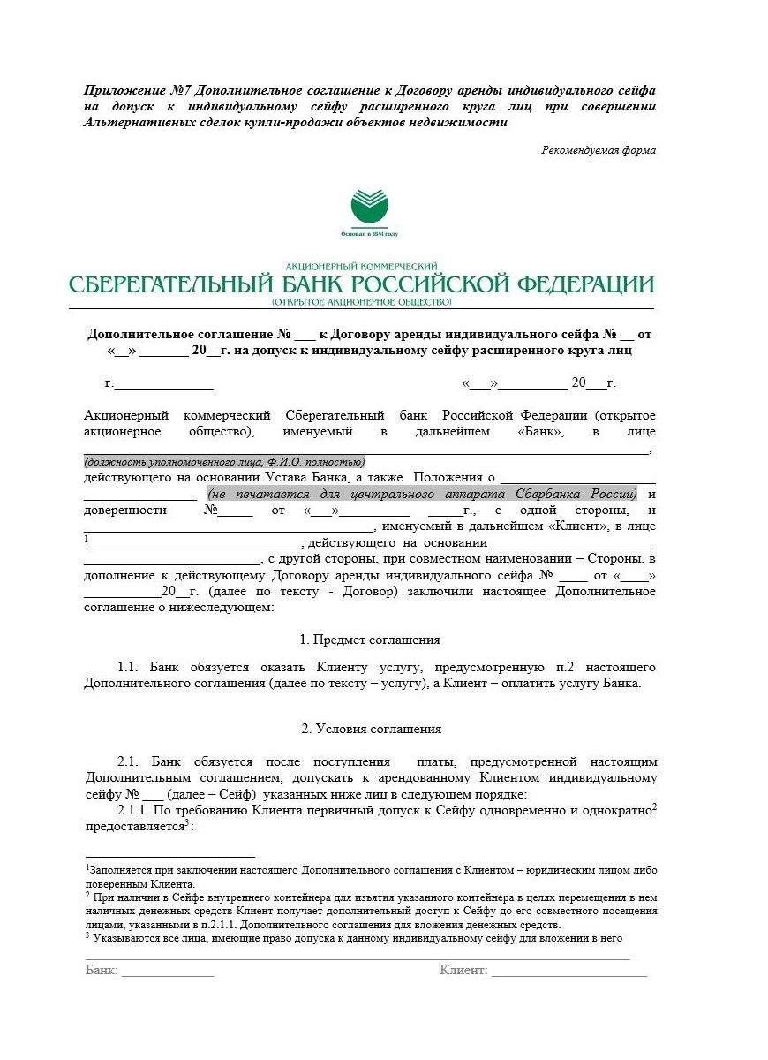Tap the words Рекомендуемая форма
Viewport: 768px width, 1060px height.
point(599,150)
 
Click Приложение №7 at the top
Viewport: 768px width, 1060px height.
point(136,91)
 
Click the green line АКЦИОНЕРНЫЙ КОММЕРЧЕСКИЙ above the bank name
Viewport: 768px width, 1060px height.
point(362,266)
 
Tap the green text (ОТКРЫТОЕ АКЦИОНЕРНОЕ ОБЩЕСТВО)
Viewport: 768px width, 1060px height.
point(362,302)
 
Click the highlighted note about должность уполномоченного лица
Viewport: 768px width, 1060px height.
point(224,462)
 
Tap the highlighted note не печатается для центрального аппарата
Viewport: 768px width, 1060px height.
point(422,494)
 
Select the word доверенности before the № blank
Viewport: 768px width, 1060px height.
point(124,511)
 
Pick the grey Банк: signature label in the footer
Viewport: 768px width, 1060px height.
point(102,970)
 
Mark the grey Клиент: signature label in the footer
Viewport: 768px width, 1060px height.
point(463,970)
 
